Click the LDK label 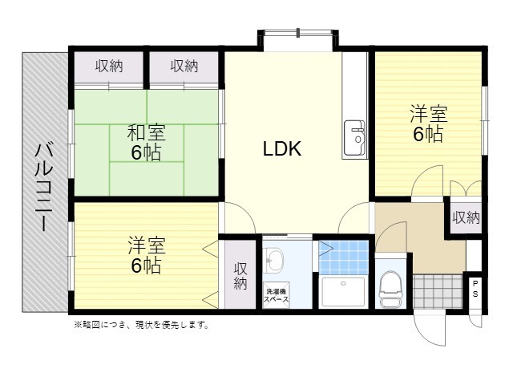[x=282, y=148]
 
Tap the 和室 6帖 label [x=146, y=142]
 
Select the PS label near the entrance [x=475, y=289]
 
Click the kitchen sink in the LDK [x=354, y=137]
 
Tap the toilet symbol [x=391, y=289]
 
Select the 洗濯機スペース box [x=277, y=295]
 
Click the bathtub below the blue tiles [x=343, y=292]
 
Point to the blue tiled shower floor [x=344, y=257]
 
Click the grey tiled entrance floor [x=438, y=291]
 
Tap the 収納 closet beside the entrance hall [x=466, y=217]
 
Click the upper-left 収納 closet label [x=109, y=67]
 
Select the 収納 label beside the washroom [x=240, y=276]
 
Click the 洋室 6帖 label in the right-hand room [x=428, y=124]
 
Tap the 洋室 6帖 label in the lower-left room [x=146, y=255]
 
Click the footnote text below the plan [x=142, y=325]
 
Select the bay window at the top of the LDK [x=297, y=34]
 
